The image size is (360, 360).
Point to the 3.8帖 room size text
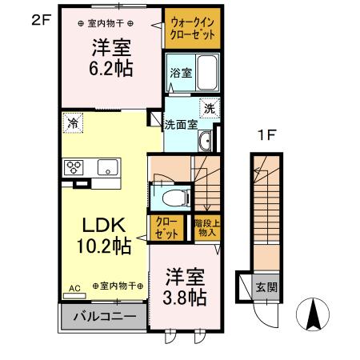tap(186, 298)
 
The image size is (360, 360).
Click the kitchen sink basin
tap(107, 167)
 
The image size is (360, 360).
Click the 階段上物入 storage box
tap(207, 227)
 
